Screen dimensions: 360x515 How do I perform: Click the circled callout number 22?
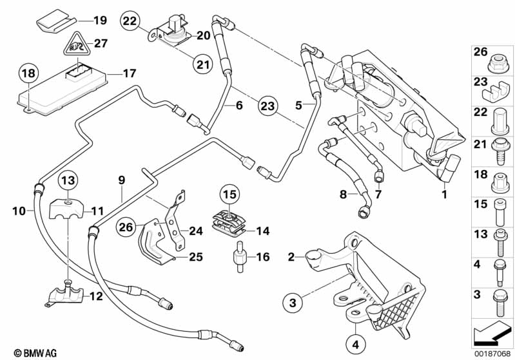pyautogui.click(x=130, y=21)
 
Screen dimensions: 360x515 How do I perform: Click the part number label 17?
pyautogui.click(x=130, y=73)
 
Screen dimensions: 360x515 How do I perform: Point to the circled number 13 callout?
pyautogui.click(x=68, y=180)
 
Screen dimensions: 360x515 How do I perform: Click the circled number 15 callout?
pyautogui.click(x=230, y=193)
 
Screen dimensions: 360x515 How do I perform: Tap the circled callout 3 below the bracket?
pyautogui.click(x=293, y=301)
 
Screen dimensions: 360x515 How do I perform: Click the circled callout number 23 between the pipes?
pyautogui.click(x=267, y=105)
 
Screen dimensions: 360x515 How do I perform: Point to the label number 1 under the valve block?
pyautogui.click(x=443, y=193)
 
